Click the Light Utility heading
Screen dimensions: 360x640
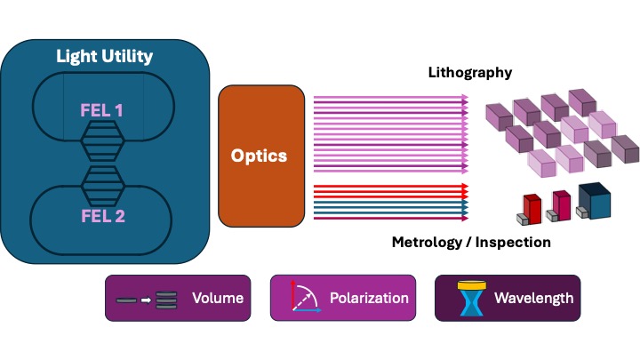(105, 57)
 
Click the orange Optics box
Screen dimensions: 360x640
(259, 156)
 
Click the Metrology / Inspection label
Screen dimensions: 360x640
(471, 242)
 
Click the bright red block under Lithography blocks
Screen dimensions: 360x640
(533, 206)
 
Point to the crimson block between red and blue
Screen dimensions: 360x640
(563, 204)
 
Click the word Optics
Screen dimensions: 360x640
(259, 156)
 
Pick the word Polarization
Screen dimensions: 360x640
(369, 299)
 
